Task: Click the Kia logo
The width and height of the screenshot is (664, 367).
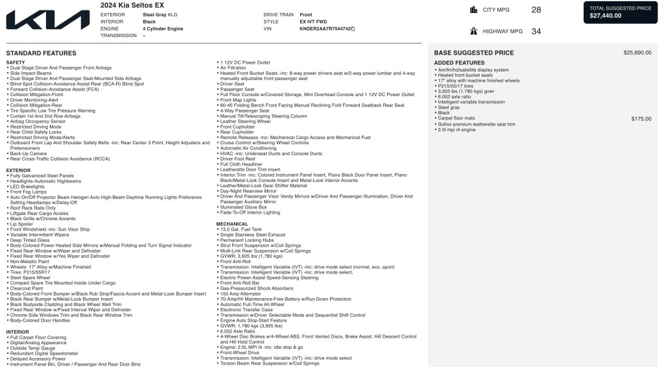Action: pos(48,21)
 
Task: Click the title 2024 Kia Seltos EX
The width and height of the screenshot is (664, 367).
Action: pos(132,5)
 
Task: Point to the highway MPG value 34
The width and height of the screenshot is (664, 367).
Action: pos(536,31)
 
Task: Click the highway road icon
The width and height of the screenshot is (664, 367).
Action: pos(474,31)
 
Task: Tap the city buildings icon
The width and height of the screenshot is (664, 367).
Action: pos(474,10)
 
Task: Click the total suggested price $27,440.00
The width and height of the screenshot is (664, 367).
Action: pos(605,16)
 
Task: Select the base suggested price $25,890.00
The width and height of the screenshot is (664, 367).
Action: pos(637,53)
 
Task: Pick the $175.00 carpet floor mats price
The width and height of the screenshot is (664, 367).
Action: pos(641,119)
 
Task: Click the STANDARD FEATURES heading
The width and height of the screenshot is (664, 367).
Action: pos(41,53)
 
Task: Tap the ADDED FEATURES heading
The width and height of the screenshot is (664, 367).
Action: pos(459,63)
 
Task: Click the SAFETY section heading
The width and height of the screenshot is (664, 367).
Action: pos(16,62)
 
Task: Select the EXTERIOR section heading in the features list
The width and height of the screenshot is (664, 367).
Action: pos(18,170)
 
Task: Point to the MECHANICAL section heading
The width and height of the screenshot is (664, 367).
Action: pos(231,223)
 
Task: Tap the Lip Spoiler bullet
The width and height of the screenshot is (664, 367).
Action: pos(23,224)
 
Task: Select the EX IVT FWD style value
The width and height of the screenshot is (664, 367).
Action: pos(313,21)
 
